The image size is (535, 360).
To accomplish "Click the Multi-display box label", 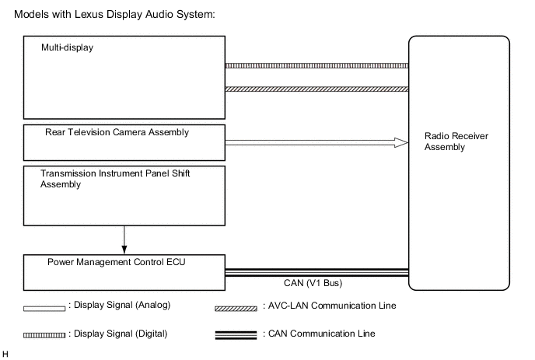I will point(67,48).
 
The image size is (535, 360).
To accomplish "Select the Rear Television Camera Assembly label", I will point(117,132).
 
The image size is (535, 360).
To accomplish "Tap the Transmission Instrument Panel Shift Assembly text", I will point(117,179).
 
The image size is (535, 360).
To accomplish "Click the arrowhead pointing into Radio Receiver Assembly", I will point(401,142).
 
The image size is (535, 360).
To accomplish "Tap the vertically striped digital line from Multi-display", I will point(316,66).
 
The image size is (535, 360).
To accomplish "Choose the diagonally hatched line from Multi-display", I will point(316,89).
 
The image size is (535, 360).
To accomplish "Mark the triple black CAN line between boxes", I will point(316,272).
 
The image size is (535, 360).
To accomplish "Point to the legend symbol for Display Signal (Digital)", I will point(44,335).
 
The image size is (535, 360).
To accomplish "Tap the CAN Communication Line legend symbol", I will point(236,335).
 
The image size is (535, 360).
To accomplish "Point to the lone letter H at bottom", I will point(5,355).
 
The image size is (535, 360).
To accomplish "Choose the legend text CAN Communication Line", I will point(323,334).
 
